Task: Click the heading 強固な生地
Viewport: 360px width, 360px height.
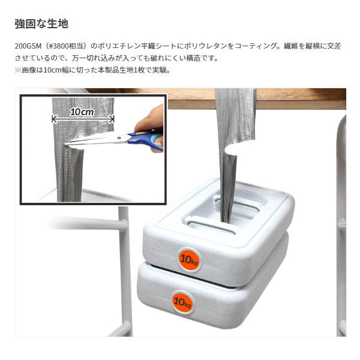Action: click(41, 24)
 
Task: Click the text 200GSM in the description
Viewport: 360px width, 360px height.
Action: click(28, 46)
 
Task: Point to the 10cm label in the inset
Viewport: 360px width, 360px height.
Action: click(82, 112)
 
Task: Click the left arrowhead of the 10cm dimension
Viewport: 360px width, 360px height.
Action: click(54, 119)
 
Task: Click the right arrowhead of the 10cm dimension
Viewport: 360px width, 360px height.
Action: click(112, 119)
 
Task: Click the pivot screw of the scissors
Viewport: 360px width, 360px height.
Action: click(119, 138)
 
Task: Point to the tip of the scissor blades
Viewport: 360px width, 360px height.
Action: click(65, 145)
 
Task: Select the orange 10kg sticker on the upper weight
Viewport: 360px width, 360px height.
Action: click(189, 260)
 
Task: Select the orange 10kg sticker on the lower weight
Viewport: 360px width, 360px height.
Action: click(182, 302)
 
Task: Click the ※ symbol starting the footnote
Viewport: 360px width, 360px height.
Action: click(17, 70)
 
